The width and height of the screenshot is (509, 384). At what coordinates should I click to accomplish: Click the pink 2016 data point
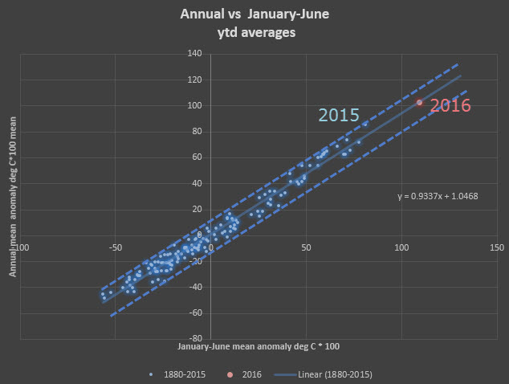pyautogui.click(x=419, y=102)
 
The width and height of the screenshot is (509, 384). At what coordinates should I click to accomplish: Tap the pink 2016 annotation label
pyautogui.click(x=450, y=105)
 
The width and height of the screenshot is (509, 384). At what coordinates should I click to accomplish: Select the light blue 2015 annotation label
pyautogui.click(x=338, y=115)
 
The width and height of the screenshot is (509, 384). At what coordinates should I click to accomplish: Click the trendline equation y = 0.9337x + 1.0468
pyautogui.click(x=438, y=195)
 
